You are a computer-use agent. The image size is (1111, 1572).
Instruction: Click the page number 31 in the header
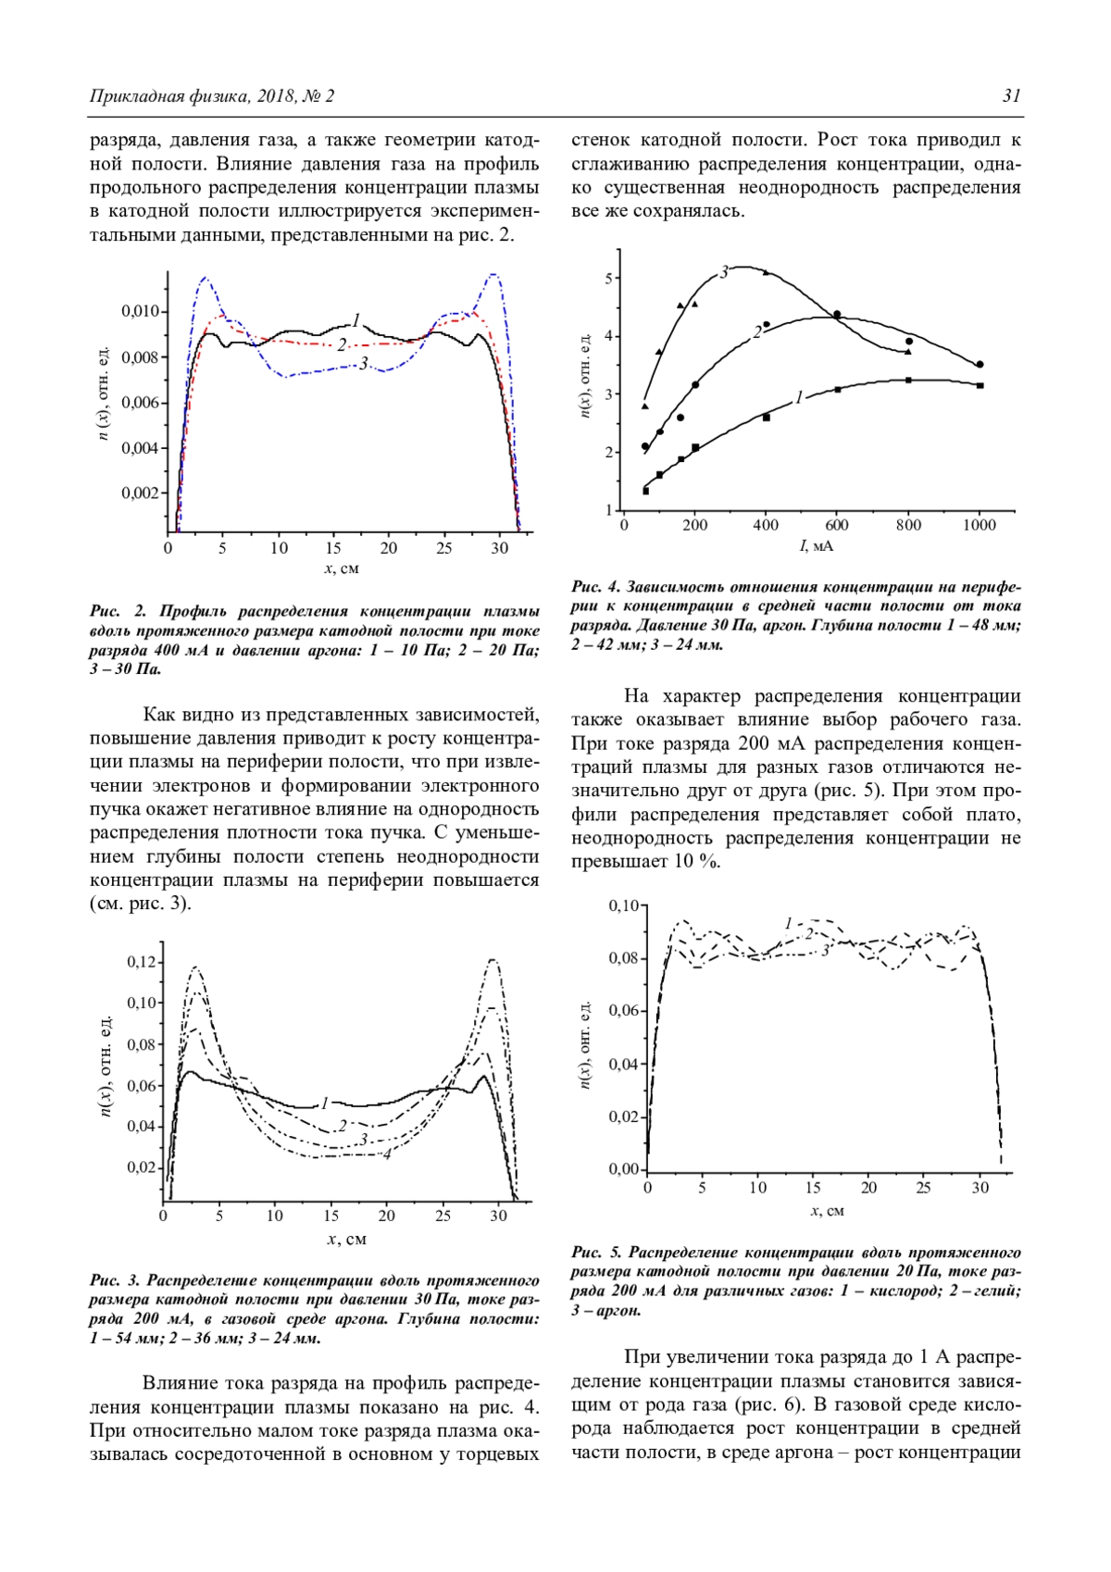pos(1011,96)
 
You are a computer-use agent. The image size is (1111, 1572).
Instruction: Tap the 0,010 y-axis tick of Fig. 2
pos(141,311)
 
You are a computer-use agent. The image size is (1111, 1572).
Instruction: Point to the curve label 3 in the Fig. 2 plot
pos(364,363)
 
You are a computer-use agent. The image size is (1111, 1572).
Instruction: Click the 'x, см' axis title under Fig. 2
pos(342,568)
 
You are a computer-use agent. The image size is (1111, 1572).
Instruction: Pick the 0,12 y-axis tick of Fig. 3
pos(142,962)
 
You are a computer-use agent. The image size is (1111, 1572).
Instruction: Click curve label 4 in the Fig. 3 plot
pos(386,1154)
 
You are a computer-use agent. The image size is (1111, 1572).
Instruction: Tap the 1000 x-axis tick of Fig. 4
pos(980,526)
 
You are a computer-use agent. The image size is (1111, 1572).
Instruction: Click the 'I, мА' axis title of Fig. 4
pos(817,546)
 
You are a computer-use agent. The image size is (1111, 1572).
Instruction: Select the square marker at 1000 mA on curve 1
pos(980,385)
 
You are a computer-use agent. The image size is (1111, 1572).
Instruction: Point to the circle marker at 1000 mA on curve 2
pos(980,365)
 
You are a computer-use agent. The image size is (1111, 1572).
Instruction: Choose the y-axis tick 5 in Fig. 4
pos(609,278)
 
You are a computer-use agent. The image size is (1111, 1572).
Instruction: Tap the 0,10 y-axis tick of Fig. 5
pos(623,905)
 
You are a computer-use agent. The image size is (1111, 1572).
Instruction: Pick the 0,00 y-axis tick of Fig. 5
pos(623,1169)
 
